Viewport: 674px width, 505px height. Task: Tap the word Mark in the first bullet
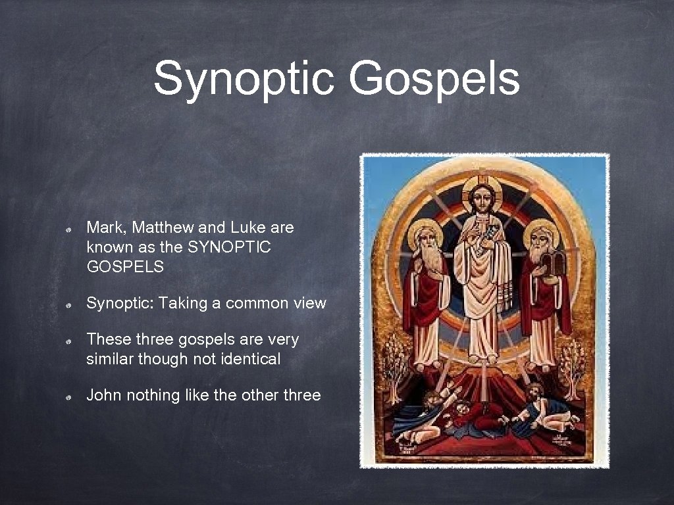(x=107, y=228)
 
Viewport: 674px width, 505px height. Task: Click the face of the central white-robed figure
(x=482, y=199)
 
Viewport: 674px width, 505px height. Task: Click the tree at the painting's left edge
(x=395, y=358)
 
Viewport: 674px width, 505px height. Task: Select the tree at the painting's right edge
(x=572, y=362)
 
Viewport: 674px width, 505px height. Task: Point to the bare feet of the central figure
(x=483, y=359)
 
